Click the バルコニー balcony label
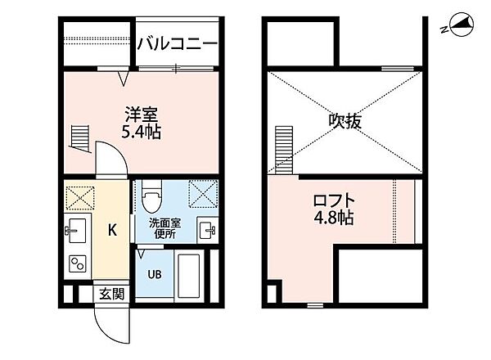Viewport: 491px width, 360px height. click(177, 44)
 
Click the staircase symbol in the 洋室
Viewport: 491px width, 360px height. click(79, 137)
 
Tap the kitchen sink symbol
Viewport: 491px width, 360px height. click(78, 229)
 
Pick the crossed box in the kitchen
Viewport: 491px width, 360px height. click(80, 197)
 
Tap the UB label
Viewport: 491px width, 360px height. click(154, 275)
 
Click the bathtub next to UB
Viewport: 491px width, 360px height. click(187, 276)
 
